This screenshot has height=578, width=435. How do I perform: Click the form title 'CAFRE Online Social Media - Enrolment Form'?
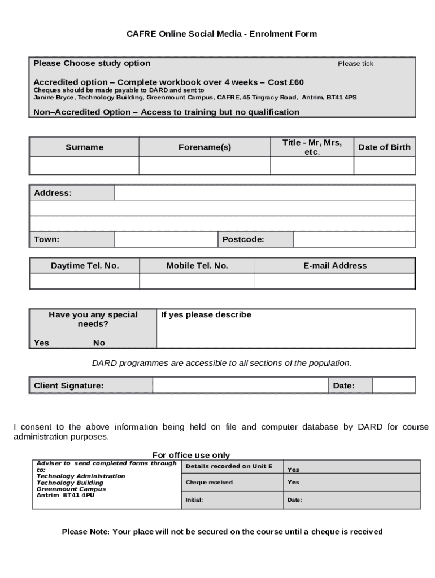221,34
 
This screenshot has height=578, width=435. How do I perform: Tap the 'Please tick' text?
355,64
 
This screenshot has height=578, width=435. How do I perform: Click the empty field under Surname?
84,166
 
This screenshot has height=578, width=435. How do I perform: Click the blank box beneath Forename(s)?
205,166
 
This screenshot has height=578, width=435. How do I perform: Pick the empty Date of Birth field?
384,166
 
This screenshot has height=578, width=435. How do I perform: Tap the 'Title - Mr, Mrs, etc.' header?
312,147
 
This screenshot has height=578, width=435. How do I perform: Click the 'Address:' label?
53,193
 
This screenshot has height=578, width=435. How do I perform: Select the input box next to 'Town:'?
166,239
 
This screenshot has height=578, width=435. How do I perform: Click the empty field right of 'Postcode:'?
354,239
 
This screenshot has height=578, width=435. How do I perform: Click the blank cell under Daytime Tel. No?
84,281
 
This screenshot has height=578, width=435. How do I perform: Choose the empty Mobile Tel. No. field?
197,281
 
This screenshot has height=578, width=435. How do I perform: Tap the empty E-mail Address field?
334,281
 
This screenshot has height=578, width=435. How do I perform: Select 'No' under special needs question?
99,343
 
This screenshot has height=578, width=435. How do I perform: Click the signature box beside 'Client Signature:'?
240,386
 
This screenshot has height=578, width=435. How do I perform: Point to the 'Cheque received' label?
209,483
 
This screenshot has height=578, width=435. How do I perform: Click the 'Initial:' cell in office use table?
194,500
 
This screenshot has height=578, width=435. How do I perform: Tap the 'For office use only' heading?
191,455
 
